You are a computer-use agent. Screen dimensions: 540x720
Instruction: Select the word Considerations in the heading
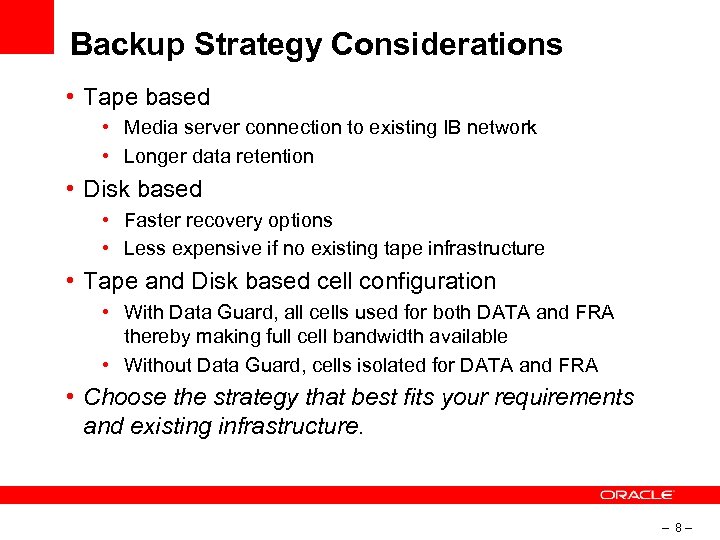point(446,45)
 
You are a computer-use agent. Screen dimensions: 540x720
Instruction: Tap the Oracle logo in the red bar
point(637,494)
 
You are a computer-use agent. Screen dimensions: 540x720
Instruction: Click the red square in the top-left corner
point(26,26)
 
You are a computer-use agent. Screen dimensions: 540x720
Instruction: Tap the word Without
point(158,365)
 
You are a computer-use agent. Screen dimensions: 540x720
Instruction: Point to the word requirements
point(537,397)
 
